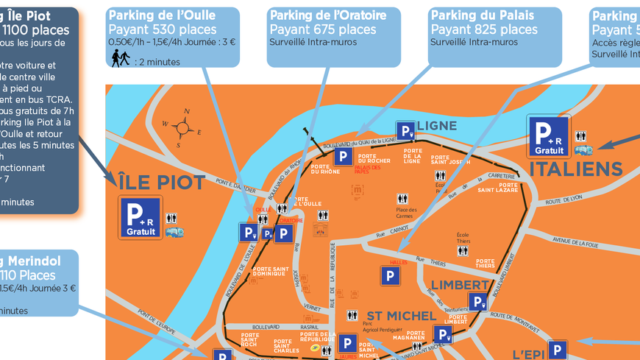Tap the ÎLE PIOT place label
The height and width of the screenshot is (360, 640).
point(162,183)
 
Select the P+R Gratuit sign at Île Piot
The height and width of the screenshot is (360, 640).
point(141,216)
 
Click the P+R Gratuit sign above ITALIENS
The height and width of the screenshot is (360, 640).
point(549,136)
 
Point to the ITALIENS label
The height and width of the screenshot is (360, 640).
point(576,170)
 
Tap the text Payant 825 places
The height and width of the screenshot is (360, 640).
point(484,29)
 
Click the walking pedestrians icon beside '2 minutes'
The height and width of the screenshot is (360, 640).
point(120,59)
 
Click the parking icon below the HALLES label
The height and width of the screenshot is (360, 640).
point(391,276)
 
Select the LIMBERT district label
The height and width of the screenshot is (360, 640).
point(460,284)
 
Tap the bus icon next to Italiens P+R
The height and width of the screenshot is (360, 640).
point(583,149)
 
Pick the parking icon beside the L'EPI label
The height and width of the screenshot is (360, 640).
point(558,350)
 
